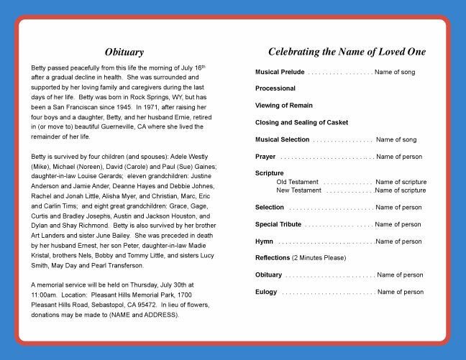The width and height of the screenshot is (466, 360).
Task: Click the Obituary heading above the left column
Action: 124,52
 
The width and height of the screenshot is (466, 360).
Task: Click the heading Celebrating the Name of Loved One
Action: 347,52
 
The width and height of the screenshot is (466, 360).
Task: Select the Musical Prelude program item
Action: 280,73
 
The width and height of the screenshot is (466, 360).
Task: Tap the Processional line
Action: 275,88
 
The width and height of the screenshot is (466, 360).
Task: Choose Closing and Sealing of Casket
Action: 302,122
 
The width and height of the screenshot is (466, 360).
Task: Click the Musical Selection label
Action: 283,139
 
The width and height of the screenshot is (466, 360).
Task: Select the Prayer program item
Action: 265,157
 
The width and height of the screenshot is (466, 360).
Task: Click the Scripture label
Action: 270,173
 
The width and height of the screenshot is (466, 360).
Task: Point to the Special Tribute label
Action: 278,224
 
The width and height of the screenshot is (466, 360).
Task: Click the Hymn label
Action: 264,241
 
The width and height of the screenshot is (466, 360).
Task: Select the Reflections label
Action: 273,257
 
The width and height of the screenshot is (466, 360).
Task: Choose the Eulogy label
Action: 266,292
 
